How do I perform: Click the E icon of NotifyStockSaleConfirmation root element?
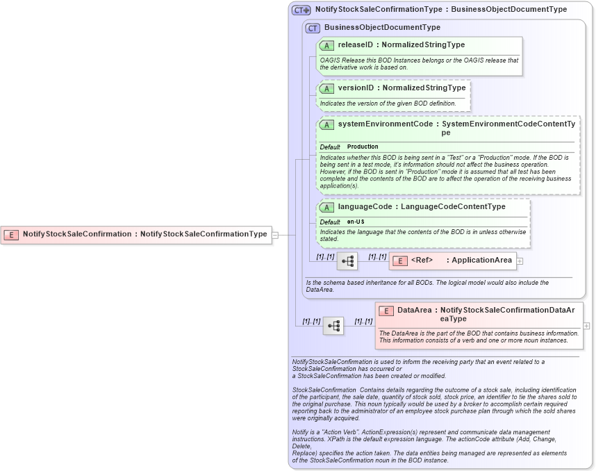point(11,235)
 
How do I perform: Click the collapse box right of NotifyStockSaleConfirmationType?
point(275,235)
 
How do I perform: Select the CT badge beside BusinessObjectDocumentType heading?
point(313,28)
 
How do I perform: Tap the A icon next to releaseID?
point(326,45)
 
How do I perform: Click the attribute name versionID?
point(356,88)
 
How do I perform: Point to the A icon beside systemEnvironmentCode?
point(326,124)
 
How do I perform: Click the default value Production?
point(363,147)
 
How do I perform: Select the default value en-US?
point(356,222)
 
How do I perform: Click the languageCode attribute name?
point(365,207)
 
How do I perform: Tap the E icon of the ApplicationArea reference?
point(400,261)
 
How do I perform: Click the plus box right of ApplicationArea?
point(520,261)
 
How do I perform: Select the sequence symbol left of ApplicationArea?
point(347,261)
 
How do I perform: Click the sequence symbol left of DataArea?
point(333,325)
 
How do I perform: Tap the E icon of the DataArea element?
point(386,311)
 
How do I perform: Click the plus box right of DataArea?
point(587,325)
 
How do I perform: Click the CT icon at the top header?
point(301,10)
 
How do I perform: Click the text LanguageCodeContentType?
point(453,207)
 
